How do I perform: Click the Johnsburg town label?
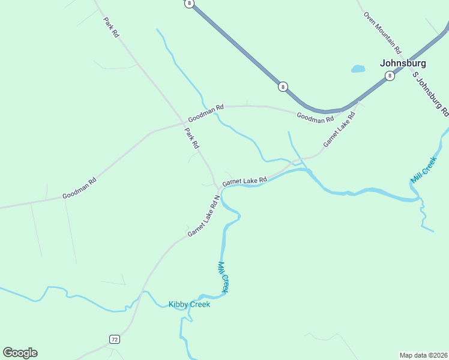click(403, 63)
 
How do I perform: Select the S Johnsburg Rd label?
click(430, 94)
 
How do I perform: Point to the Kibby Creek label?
click(189, 305)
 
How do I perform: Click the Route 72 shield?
click(114, 340)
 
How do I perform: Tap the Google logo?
click(20, 353)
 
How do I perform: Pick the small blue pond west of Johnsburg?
click(358, 68)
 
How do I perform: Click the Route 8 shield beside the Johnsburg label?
click(390, 76)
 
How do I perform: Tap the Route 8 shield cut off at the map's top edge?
click(190, 3)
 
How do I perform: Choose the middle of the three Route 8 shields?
click(282, 87)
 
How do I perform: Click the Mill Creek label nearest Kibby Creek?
click(223, 278)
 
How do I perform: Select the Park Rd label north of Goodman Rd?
click(112, 28)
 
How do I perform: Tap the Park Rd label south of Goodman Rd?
click(191, 139)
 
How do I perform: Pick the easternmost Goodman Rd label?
click(315, 118)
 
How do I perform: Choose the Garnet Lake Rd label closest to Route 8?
click(339, 128)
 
